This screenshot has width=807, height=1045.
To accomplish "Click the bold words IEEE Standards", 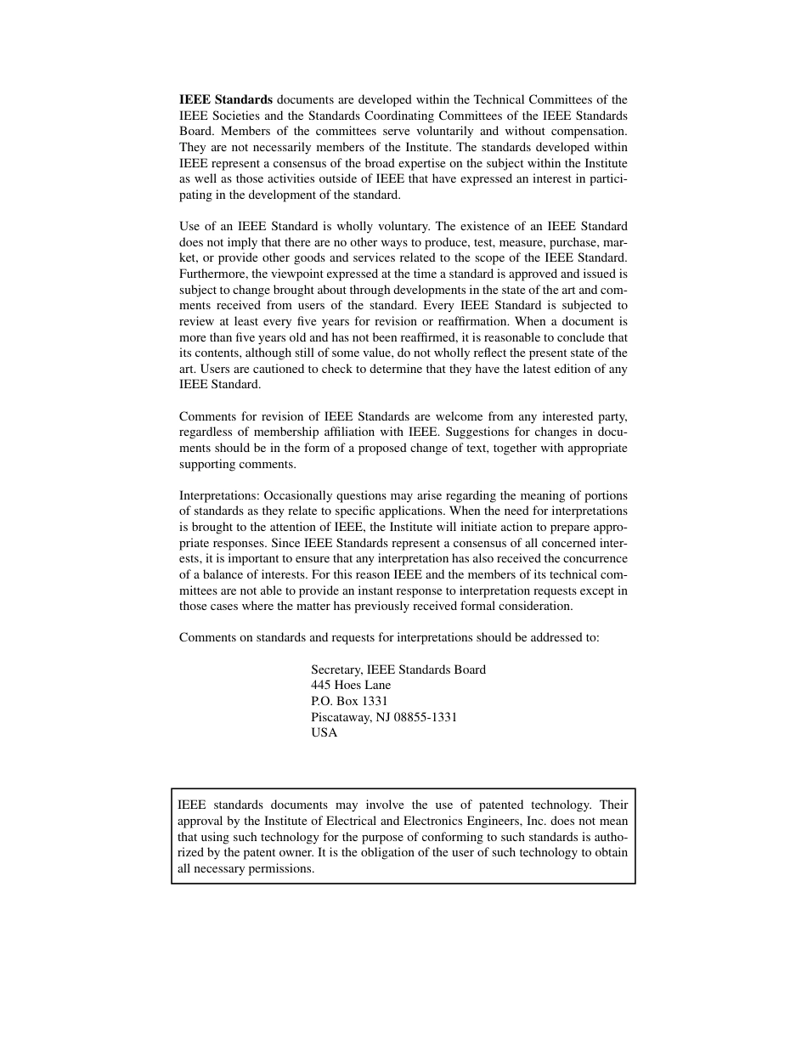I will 226,99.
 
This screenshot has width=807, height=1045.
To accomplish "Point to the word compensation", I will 590,131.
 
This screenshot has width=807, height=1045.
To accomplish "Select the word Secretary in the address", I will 336,669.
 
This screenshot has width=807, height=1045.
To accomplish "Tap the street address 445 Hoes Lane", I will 351,685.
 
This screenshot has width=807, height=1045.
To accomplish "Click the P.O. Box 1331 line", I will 349,701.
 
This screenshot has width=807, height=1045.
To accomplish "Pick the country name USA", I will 324,732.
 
